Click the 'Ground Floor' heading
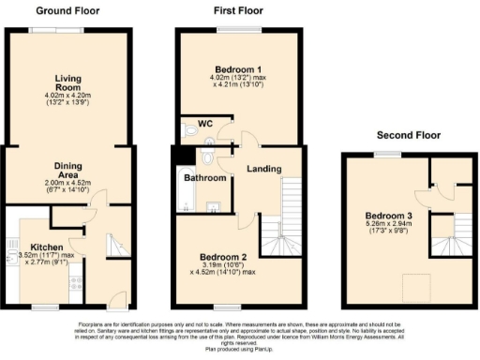click(67, 11)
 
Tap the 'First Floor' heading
click(240, 11)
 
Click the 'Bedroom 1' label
click(241, 71)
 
